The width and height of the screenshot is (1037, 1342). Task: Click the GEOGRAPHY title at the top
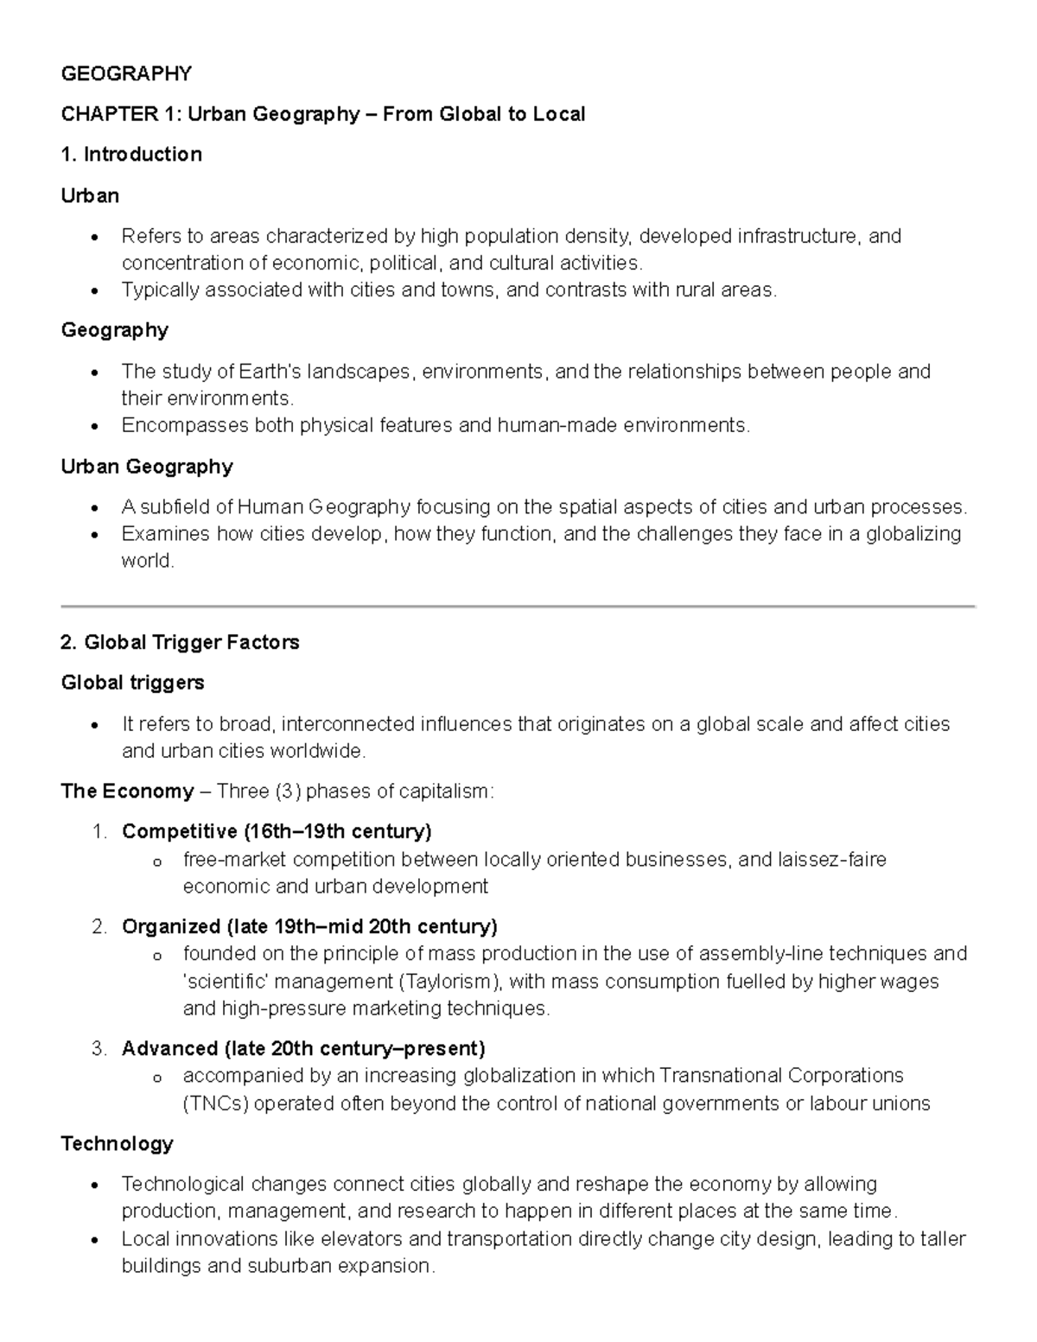pyautogui.click(x=126, y=73)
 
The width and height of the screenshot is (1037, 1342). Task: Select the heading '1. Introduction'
pyautogui.click(x=131, y=155)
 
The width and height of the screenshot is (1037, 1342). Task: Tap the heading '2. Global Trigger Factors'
pyautogui.click(x=180, y=642)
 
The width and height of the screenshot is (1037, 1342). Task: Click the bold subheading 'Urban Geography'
pyautogui.click(x=147, y=467)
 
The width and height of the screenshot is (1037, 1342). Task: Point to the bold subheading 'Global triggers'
pyautogui.click(x=132, y=683)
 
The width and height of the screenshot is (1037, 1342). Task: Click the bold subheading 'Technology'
pyautogui.click(x=117, y=1144)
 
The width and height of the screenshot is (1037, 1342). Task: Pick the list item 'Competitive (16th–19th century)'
pyautogui.click(x=277, y=832)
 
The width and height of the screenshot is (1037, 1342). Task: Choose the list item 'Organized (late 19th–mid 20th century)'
pyautogui.click(x=309, y=927)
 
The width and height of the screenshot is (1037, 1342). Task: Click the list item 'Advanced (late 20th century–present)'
pyautogui.click(x=303, y=1049)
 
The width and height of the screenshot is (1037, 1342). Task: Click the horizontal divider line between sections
pyautogui.click(x=518, y=607)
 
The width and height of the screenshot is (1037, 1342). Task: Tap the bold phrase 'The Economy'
pyautogui.click(x=127, y=792)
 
